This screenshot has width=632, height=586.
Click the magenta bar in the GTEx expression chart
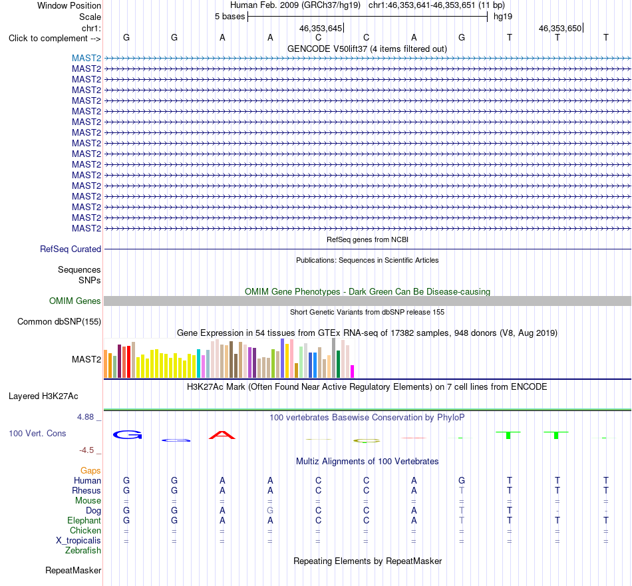[x=353, y=371]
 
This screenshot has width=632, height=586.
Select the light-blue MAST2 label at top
[x=86, y=59]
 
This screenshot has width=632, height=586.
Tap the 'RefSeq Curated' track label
[x=71, y=249]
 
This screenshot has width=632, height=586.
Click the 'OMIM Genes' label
[x=75, y=301]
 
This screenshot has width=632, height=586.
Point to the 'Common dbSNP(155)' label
[x=59, y=322]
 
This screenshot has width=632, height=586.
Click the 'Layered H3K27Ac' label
[x=43, y=396]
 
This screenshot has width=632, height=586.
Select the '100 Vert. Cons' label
[x=37, y=433]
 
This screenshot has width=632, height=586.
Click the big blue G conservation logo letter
[x=127, y=435]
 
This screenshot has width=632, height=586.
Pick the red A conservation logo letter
[x=222, y=435]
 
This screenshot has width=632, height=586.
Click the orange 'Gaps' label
[x=90, y=471]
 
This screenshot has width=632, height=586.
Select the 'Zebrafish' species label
[x=83, y=551]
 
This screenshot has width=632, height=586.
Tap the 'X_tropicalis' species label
[x=79, y=541]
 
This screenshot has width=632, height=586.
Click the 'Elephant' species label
[x=84, y=521]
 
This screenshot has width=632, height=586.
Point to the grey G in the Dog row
[x=270, y=511]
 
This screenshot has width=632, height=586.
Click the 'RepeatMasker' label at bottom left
[x=73, y=570]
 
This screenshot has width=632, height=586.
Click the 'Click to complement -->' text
[x=55, y=39]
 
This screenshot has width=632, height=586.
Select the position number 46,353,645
[x=321, y=28]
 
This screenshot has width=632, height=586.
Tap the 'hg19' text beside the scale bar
[x=503, y=17]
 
